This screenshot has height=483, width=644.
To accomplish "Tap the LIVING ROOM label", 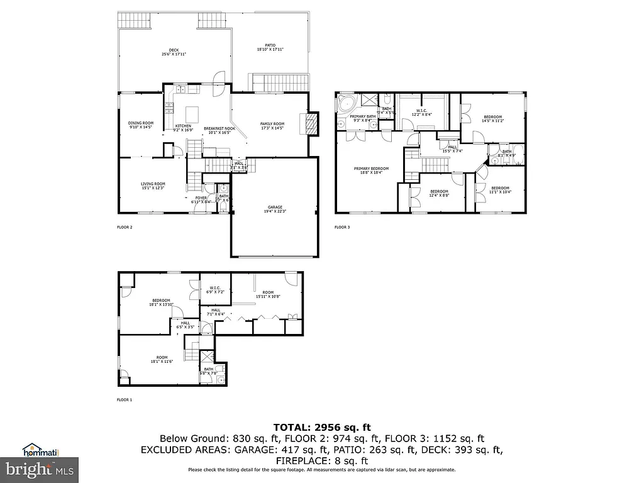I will click(153, 186).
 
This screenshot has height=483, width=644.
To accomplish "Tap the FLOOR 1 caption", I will click(125, 399).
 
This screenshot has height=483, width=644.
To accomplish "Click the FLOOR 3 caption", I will click(341, 227).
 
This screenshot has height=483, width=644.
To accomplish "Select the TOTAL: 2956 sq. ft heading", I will click(321, 427).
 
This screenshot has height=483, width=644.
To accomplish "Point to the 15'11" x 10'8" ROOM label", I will click(268, 294).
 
